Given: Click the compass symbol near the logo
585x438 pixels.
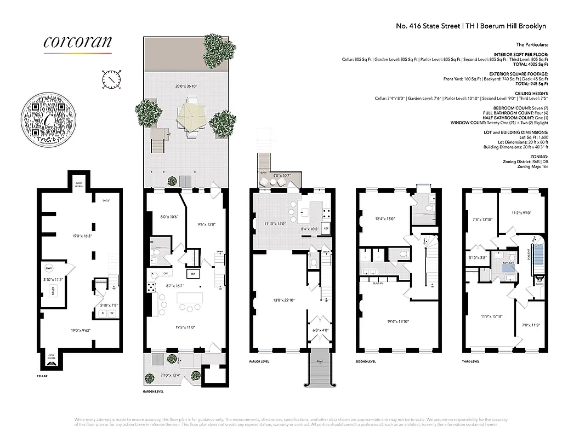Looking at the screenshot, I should pyautogui.click(x=111, y=79).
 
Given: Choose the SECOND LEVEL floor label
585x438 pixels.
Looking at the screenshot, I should pyautogui.click(x=366, y=361).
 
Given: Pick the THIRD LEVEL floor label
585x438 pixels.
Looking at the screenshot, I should pyautogui.click(x=470, y=361).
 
